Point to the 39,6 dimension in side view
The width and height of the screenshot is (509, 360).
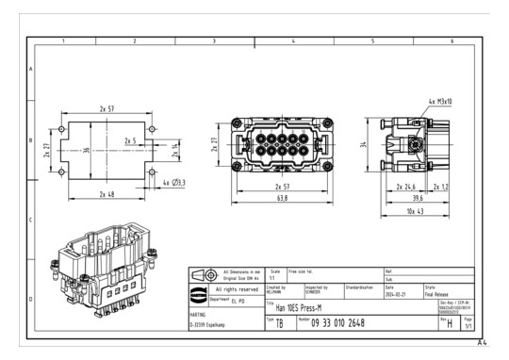416,199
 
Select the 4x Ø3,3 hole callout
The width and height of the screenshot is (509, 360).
174,181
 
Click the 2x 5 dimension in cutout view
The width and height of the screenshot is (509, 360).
130,141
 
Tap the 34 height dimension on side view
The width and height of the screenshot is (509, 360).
364,145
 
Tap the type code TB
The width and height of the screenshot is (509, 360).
280,322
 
